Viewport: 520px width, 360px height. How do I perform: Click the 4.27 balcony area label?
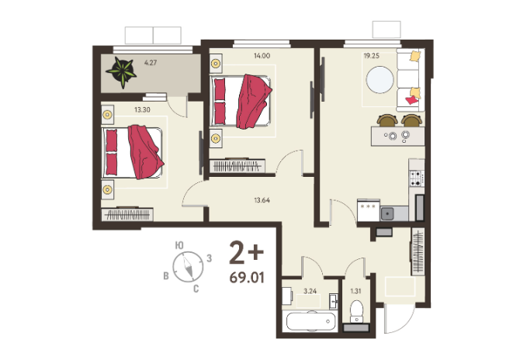point(151,62)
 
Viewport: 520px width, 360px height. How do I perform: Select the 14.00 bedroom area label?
point(262,56)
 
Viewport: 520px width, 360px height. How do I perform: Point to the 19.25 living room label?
point(372,56)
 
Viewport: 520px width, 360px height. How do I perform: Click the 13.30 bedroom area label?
point(142,109)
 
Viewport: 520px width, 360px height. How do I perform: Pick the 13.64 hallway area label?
point(262,200)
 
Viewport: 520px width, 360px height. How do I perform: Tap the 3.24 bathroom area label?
point(310,291)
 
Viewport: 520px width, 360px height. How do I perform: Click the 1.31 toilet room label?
point(355,291)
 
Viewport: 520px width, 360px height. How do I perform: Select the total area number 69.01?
point(247,278)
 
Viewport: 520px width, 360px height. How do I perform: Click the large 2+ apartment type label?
point(247,253)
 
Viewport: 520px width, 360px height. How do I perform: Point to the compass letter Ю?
point(179,245)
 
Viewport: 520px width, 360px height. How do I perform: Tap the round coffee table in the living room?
point(380,80)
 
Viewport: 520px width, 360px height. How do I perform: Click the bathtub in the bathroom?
point(310,321)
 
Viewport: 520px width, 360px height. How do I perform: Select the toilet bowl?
point(356,311)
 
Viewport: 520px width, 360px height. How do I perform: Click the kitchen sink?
point(387,213)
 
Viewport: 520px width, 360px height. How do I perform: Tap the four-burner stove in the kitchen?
point(417,178)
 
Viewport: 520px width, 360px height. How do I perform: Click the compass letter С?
point(196,289)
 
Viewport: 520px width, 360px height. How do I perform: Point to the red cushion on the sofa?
point(411,100)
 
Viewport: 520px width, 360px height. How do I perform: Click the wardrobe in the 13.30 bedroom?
point(127,214)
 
